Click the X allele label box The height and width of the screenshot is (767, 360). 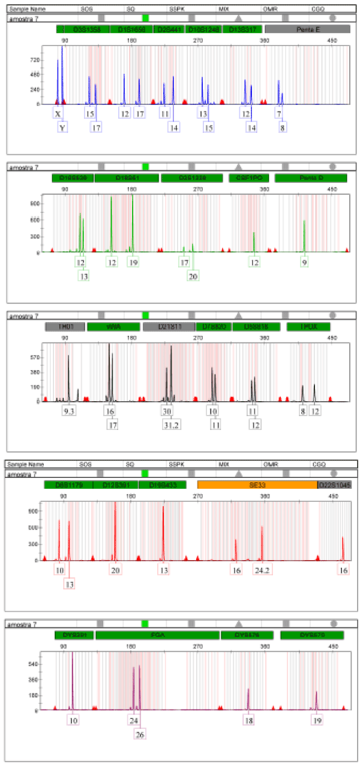58,113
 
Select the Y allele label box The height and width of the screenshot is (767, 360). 62,127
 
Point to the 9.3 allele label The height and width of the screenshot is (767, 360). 70,412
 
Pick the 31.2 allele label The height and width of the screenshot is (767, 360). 170,425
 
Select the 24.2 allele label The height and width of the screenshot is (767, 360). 262,570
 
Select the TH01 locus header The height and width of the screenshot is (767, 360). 64,327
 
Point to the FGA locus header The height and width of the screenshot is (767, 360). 157,635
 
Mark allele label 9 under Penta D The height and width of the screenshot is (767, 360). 304,262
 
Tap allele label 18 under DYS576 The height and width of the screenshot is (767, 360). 248,720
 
